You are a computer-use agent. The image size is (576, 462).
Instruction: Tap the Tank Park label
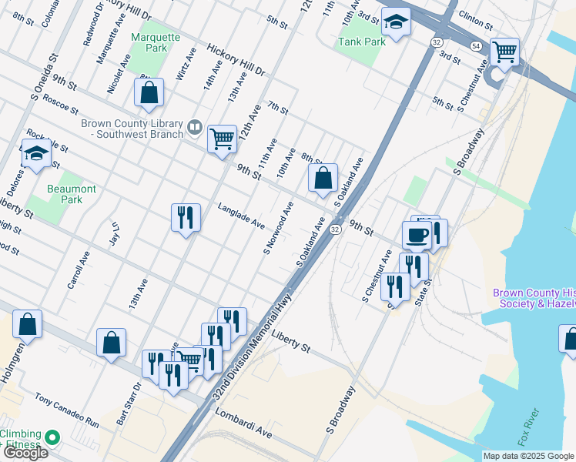point(361,42)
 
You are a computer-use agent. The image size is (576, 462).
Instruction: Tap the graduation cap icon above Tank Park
point(396,22)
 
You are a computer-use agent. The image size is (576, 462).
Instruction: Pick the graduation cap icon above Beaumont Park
point(36,155)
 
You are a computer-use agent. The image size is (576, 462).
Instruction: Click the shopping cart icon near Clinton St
point(504,52)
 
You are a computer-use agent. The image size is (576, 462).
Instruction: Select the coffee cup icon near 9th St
point(417,234)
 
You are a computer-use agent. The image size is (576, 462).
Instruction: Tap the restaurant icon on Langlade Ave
point(186,218)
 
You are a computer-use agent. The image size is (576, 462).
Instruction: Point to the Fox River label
point(531,427)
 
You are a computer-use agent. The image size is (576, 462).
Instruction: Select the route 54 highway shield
point(477,47)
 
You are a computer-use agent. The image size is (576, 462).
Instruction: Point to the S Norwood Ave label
point(279,228)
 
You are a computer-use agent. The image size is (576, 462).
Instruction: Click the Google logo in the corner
point(25,452)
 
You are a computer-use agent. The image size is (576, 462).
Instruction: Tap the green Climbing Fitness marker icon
point(53,437)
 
